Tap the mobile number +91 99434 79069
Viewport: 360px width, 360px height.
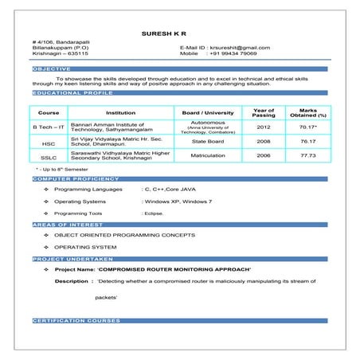232,54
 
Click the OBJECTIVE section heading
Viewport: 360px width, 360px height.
51,69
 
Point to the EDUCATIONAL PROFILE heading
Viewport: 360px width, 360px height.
72,93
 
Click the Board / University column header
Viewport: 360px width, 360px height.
208,113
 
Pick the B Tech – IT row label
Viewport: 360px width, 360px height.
49,127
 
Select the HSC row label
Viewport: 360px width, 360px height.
49,143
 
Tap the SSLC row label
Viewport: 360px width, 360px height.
49,156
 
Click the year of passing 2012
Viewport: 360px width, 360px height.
264,127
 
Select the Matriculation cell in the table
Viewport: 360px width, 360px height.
208,155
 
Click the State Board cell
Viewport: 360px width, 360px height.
208,142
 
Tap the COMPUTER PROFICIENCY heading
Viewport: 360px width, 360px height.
76,180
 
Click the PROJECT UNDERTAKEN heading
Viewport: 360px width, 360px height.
72,260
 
